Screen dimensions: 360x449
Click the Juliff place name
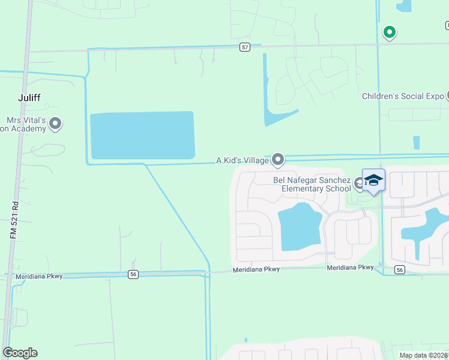pos(29,97)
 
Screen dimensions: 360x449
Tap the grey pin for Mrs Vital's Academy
pos(56,124)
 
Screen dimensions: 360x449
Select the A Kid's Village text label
pos(243,160)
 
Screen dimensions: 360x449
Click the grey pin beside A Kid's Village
pos(278,159)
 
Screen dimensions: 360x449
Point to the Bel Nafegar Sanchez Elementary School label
pos(312,184)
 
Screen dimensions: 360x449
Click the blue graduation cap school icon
pos(373,180)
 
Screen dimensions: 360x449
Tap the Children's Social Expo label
pos(403,96)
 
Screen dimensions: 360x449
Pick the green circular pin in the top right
pos(390,32)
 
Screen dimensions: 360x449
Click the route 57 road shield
pos(245,47)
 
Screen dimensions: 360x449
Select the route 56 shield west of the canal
pos(133,274)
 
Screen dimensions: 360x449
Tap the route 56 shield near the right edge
pos(400,271)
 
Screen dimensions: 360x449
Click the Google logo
pos(20,353)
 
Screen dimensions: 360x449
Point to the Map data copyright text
pos(423,355)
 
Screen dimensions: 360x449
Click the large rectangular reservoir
pos(142,136)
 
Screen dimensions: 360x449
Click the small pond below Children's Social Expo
pos(417,143)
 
